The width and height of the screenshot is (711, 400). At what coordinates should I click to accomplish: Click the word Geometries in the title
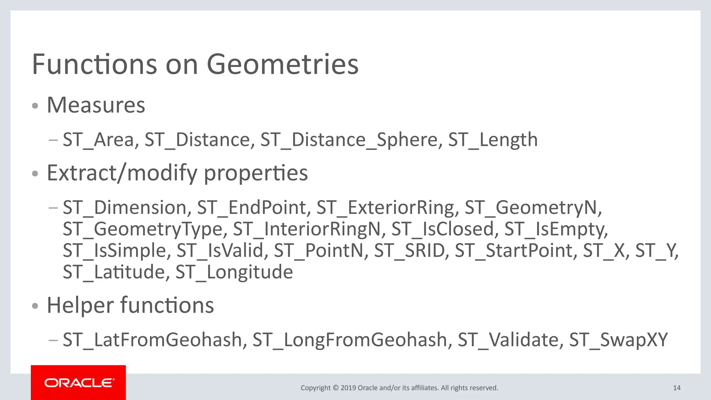click(x=282, y=65)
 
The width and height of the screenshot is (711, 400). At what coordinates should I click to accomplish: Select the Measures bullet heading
click(x=96, y=105)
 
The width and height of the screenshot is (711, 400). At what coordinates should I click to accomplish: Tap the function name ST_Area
click(x=98, y=140)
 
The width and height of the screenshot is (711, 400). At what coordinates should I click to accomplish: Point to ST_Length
click(x=493, y=140)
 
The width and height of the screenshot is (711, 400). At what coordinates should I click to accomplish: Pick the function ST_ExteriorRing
click(x=385, y=208)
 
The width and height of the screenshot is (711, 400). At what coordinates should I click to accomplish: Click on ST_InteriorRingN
click(x=307, y=229)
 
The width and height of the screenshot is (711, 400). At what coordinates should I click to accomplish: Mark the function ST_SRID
click(x=409, y=251)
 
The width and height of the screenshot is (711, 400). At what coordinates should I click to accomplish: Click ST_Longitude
click(x=234, y=272)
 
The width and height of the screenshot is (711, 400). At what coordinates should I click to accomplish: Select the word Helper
click(x=80, y=305)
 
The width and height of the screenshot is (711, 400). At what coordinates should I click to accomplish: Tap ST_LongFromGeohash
click(x=350, y=340)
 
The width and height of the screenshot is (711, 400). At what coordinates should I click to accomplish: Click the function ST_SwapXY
click(x=618, y=340)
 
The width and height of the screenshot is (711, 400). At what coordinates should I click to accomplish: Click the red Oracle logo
click(x=78, y=383)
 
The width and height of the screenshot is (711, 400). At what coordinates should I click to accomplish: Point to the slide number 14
click(x=677, y=388)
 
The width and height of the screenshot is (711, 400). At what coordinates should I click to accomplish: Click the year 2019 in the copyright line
click(x=348, y=388)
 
